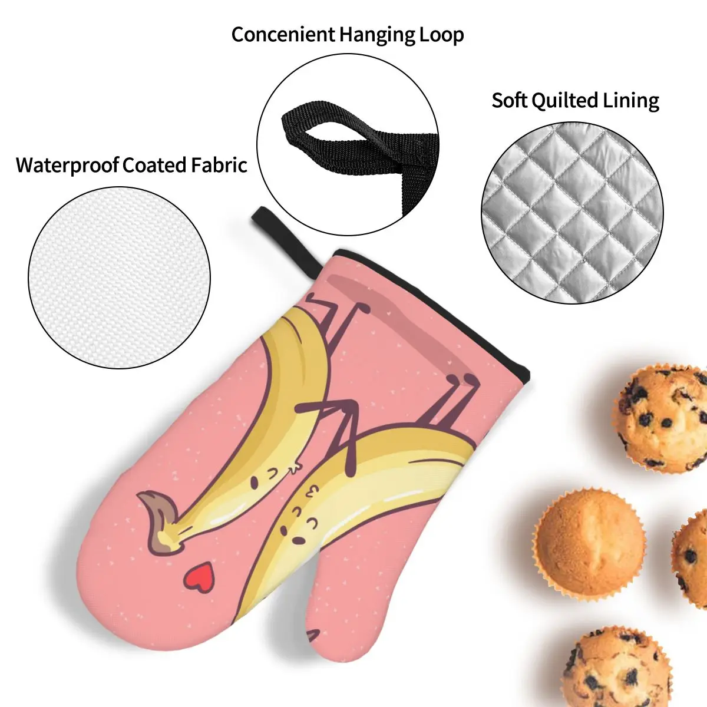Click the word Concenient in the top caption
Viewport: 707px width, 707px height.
click(x=275, y=34)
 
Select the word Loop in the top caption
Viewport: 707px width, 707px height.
click(x=441, y=34)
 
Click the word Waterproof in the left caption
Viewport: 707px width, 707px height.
click(x=67, y=164)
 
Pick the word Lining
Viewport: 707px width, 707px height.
click(x=630, y=100)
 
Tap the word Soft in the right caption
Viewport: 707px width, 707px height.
click(x=510, y=100)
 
